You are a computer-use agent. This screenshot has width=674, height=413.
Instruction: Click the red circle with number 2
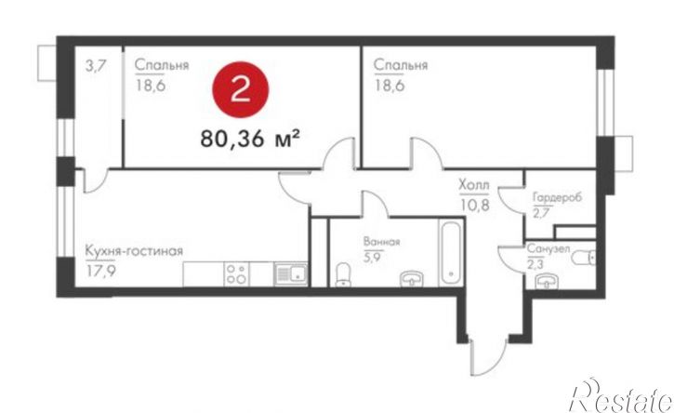click(240, 91)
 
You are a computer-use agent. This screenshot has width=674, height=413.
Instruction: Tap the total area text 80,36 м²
click(249, 140)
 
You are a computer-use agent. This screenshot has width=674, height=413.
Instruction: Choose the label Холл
click(474, 183)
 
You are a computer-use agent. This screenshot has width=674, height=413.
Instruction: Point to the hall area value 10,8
click(474, 199)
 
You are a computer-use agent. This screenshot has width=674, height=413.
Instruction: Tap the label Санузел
click(551, 250)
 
